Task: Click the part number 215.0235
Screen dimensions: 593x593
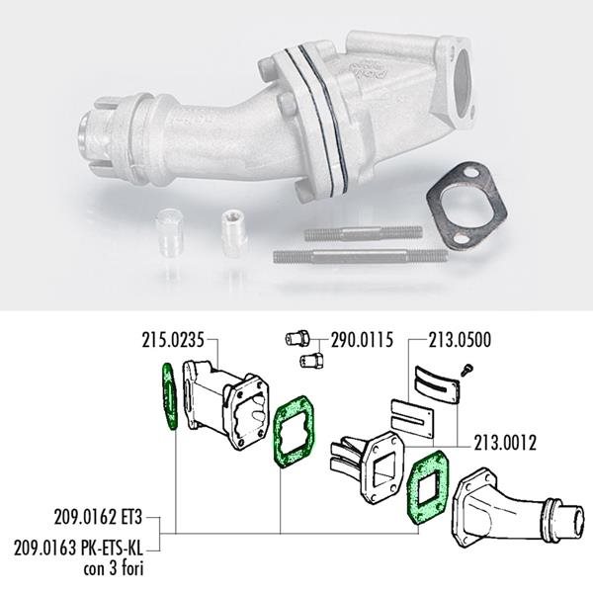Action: pos(173,340)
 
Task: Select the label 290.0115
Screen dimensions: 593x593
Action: pos(362,340)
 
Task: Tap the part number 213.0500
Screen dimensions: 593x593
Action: pos(460,340)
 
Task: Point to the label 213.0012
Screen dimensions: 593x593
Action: pos(505,443)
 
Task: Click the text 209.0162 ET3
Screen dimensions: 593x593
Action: pos(98,517)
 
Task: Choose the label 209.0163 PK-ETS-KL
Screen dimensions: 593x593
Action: pos(79,548)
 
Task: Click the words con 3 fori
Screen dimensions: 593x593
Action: pos(114,568)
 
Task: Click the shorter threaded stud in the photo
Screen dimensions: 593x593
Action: pos(363,233)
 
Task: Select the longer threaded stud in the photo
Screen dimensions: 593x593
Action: pos(361,256)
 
